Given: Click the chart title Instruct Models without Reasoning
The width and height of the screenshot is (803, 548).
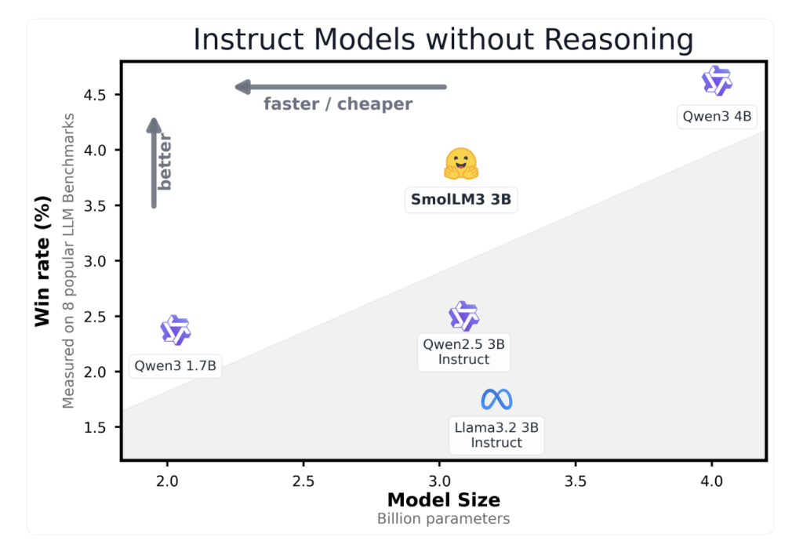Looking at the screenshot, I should [443, 39].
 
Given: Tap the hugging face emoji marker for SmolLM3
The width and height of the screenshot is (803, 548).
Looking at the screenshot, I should [461, 164].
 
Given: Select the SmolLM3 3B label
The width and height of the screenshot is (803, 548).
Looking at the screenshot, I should [461, 200].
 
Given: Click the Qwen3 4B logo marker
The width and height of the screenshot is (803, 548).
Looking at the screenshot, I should [717, 81].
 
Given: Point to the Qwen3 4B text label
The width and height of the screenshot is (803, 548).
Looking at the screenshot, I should [717, 117].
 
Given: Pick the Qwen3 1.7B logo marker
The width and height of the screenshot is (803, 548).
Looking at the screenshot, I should [176, 330].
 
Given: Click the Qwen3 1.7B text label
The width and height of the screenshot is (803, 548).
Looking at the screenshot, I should [176, 366].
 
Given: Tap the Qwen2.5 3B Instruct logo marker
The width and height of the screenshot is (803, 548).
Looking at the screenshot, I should [463, 316].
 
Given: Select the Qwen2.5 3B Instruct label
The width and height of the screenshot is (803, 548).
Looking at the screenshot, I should [463, 352].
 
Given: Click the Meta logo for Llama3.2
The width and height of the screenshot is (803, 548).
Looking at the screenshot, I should [496, 400].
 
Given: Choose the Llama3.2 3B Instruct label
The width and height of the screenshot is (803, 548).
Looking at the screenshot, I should [496, 435].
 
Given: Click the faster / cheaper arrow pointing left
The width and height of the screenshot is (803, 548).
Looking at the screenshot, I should [341, 86].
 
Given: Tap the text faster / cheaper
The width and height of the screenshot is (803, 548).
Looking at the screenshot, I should [338, 104].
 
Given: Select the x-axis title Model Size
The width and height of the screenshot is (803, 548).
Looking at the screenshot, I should [443, 499].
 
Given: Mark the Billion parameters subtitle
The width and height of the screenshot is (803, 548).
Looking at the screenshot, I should [443, 518].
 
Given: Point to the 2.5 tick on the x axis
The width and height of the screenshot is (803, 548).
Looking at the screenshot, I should [303, 481].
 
